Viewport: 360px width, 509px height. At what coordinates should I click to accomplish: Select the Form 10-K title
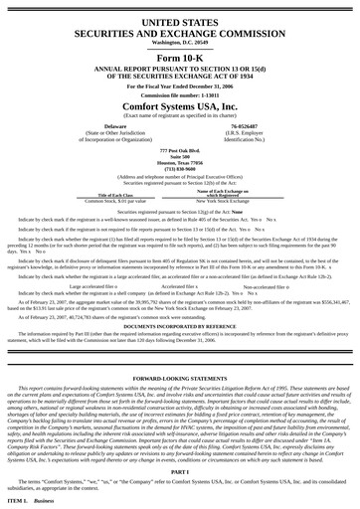click(180, 61)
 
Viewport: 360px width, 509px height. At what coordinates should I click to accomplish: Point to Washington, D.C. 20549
click(180, 43)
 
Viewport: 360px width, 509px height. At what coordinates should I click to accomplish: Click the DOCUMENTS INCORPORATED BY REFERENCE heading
click(180, 326)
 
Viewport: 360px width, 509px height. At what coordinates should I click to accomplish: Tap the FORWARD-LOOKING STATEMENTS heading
click(180, 378)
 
